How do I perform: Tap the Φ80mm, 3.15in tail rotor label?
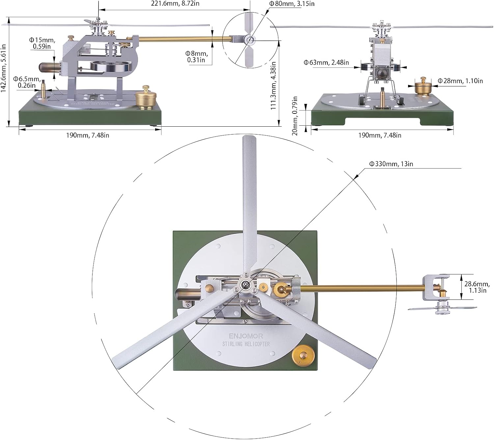[x=292, y=4]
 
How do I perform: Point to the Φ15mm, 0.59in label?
[x=42, y=43]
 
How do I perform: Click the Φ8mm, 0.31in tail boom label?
[x=196, y=57]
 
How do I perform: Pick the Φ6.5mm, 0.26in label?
[x=27, y=82]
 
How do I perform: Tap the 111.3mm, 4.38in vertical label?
[x=273, y=86]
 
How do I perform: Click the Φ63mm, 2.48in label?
[x=326, y=62]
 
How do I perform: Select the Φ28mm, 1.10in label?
[x=460, y=81]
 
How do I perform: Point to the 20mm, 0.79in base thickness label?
[x=295, y=116]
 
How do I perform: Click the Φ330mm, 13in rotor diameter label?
[x=391, y=164]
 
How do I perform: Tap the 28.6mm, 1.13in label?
[x=477, y=287]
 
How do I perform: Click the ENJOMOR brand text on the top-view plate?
[x=246, y=336]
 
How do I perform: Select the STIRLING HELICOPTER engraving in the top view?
[x=246, y=344]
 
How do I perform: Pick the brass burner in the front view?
[x=423, y=86]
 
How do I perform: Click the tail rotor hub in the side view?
[x=250, y=40]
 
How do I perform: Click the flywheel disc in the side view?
[x=107, y=66]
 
